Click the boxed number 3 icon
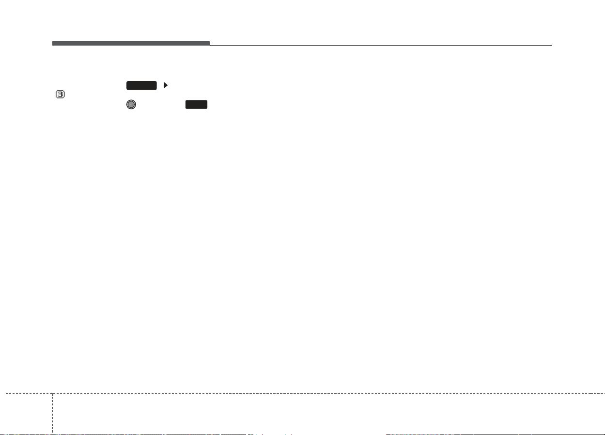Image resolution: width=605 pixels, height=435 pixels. [60, 95]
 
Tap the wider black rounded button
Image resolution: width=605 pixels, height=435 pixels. [141, 85]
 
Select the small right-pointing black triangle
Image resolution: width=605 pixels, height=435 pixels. [166, 85]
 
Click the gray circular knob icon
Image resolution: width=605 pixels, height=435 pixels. [131, 104]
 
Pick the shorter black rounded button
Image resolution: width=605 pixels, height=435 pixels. [196, 104]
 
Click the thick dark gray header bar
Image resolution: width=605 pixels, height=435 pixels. [131, 43]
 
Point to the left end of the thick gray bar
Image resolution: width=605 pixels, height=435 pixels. [52, 43]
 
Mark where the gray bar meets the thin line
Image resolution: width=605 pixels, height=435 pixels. [210, 45]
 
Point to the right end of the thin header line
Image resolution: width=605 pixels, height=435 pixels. [552, 45]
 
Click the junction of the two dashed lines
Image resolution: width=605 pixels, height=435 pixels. [52, 394]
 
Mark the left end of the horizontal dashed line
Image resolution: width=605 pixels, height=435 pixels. [6, 394]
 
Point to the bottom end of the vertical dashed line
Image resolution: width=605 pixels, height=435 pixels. [52, 433]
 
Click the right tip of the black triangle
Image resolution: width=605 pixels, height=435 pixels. [168, 85]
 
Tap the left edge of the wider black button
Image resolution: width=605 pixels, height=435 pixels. [127, 85]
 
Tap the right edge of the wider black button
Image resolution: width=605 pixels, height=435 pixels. [156, 85]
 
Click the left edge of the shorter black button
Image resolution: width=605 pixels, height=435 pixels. [186, 104]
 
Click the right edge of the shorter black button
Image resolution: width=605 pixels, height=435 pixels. [207, 104]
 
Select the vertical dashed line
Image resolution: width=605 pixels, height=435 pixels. [52, 413]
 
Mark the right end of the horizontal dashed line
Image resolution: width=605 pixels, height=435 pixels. [605, 394]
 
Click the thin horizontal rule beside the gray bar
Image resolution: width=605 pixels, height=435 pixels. [381, 45]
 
